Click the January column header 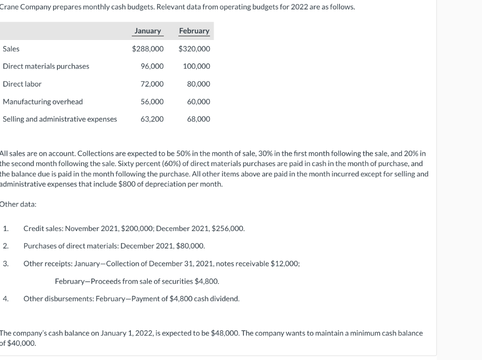pos(147,31)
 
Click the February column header pos(194,31)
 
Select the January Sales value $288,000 pos(148,49)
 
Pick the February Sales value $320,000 pos(194,49)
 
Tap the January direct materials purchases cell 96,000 pos(152,66)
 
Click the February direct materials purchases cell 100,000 pos(196,66)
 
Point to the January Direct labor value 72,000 pos(152,84)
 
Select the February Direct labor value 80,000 pos(199,84)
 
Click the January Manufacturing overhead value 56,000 pos(152,102)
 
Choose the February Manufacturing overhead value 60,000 pos(199,102)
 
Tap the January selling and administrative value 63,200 pos(152,119)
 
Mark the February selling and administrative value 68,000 pos(199,119)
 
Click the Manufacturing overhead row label pos(43,102)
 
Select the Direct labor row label pos(22,84)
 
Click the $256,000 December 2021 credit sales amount pos(228,229)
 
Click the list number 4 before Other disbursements pos(5,298)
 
